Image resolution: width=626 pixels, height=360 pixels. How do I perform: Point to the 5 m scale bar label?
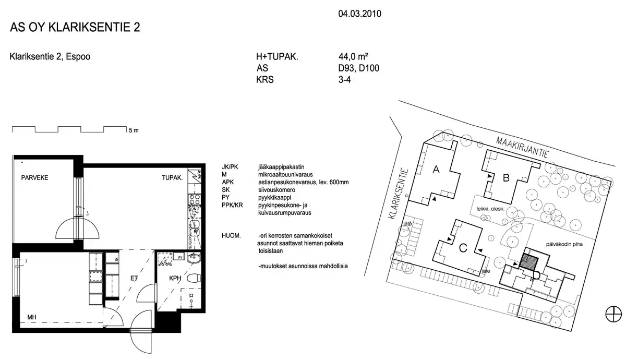click(134, 130)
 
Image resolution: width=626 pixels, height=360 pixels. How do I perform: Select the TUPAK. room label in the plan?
click(172, 178)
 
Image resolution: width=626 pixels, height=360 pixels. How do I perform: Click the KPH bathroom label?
click(175, 279)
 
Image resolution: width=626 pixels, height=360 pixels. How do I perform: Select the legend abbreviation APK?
click(228, 182)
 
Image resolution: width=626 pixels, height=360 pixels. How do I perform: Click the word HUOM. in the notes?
click(231, 236)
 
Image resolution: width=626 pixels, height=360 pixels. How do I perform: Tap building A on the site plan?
click(436, 170)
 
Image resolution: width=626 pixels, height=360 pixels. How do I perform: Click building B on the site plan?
click(505, 178)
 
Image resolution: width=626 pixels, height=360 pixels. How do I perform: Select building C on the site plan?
click(462, 248)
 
